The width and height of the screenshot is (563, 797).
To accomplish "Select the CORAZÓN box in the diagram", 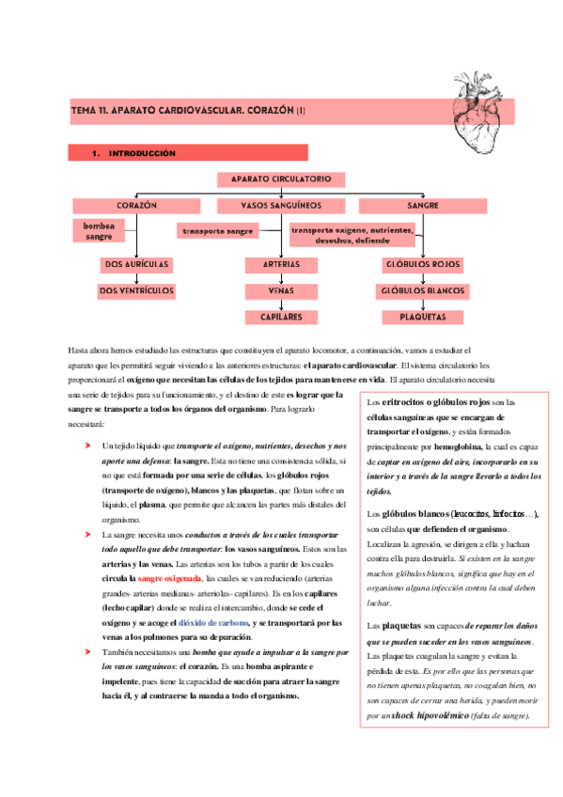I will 137,204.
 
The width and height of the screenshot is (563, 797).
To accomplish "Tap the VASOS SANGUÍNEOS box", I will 281,204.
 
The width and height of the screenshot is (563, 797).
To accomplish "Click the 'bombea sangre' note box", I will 99,231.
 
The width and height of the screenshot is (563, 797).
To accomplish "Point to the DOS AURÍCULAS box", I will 137,265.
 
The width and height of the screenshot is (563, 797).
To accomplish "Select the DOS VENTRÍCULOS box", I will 137,291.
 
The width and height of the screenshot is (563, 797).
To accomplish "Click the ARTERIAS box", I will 281,265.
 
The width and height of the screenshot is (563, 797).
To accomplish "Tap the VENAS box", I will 281,291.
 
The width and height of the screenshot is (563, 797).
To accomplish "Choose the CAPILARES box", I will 281,318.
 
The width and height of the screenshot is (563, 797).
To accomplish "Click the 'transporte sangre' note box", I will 218,230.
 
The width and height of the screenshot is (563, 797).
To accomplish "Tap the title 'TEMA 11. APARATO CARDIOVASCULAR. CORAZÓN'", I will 188,111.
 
